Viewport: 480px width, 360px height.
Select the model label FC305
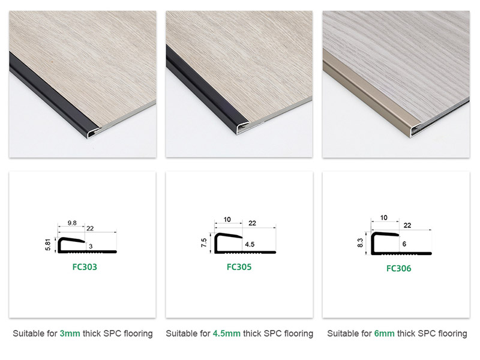pos(239,267)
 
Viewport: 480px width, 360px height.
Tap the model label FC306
pos(399,269)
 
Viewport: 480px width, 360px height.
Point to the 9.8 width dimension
pos(71,223)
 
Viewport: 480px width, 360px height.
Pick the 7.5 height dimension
pos(205,244)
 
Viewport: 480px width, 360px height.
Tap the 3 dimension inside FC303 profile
pos(91,246)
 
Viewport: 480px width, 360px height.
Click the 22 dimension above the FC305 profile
pos(253,223)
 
